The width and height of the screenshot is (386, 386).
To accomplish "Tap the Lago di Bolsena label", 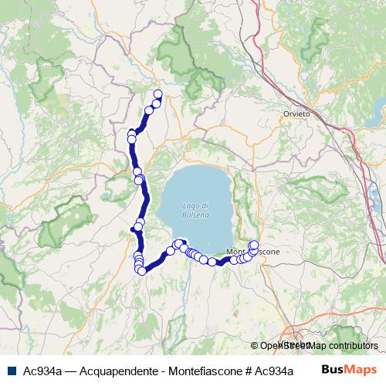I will coord(196,210).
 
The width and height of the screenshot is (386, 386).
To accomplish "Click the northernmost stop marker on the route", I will coord(158,94).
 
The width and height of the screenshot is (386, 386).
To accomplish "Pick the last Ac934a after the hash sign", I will coord(276,370).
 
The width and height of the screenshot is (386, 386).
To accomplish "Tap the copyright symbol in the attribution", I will coord(255,345).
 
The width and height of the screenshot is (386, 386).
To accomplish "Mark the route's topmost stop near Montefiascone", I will coord(254,245).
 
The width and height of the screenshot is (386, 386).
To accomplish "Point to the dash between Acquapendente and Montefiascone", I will coord(161,370).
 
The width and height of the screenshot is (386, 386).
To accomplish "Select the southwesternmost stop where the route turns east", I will coord(142,271).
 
